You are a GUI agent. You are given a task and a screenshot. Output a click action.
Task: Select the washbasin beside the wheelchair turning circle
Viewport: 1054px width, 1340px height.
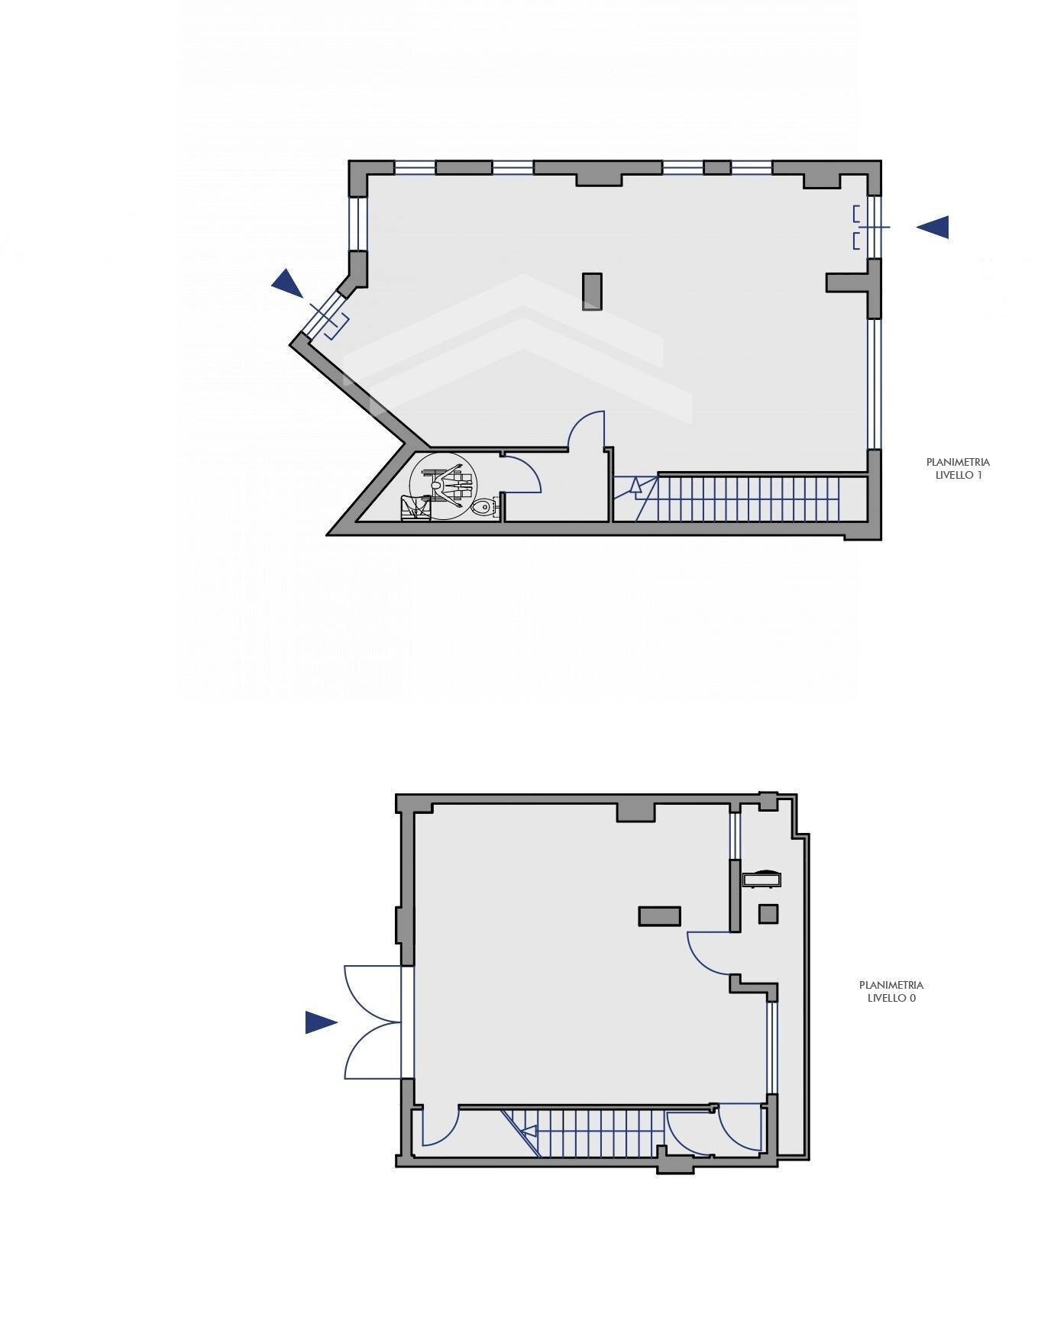pyautogui.click(x=414, y=509)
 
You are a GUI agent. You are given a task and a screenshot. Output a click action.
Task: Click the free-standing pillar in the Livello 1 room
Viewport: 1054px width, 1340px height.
pyautogui.click(x=592, y=292)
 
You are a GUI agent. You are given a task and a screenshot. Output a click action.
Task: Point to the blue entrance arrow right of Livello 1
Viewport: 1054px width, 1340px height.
pyautogui.click(x=933, y=227)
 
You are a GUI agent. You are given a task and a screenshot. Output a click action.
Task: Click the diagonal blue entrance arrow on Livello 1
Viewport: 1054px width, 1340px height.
pyautogui.click(x=288, y=283)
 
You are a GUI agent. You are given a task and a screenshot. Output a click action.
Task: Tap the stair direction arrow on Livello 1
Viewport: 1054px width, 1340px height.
pyautogui.click(x=635, y=486)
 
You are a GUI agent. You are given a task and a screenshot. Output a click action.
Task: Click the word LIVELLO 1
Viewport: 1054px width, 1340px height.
pyautogui.click(x=958, y=475)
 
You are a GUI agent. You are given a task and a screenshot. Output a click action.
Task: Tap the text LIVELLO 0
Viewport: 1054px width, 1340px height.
pyautogui.click(x=891, y=998)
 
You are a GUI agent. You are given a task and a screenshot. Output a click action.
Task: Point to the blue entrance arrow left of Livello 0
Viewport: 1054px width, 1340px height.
pyautogui.click(x=322, y=1022)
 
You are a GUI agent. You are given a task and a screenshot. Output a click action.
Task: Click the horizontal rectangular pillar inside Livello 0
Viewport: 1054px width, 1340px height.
pyautogui.click(x=660, y=916)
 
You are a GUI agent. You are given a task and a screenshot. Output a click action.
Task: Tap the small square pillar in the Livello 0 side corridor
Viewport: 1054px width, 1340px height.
pyautogui.click(x=768, y=914)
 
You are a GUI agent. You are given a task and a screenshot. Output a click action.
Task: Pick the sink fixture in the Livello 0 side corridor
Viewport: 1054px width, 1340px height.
pyautogui.click(x=762, y=878)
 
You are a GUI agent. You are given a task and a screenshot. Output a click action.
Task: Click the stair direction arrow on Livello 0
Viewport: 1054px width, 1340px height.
pyautogui.click(x=527, y=1132)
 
